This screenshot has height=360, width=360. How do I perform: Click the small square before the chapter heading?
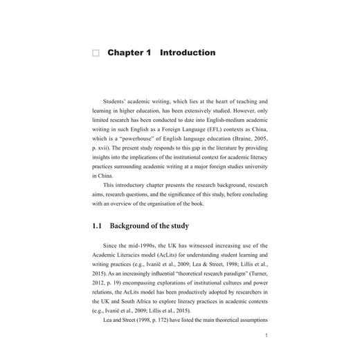96,53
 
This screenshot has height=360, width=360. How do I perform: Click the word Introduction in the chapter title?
187,53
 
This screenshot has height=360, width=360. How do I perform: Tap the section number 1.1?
98,226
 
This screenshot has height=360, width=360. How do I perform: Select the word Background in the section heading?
138,226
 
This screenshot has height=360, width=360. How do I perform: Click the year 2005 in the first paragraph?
260,147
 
